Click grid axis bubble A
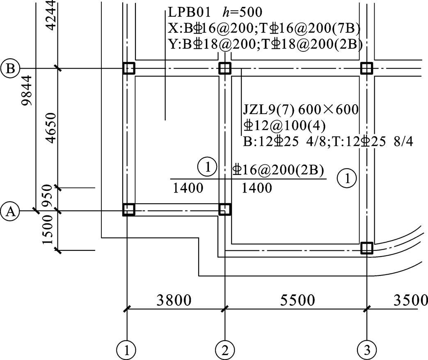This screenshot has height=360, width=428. point(10,211)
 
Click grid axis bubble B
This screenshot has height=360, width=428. point(10,68)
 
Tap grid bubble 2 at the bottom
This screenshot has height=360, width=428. point(225,350)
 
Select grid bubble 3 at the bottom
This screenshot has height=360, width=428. point(367,350)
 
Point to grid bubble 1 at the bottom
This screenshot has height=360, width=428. point(126,350)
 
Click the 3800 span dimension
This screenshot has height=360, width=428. point(174,300)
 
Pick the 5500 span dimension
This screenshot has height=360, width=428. point(298,300)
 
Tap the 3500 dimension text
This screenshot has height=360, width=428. point(410,300)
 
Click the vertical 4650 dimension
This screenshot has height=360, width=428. point(51,128)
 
